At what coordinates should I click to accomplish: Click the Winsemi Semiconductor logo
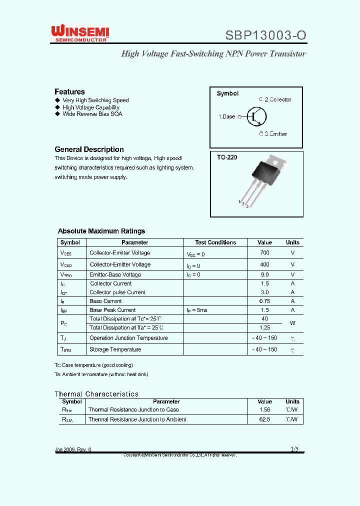80,33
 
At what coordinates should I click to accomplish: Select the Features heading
69,91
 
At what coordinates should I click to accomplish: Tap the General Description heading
89,149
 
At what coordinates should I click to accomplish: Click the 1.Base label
226,116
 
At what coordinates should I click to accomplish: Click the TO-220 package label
227,157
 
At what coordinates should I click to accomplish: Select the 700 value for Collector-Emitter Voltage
264,253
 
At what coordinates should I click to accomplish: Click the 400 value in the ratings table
264,264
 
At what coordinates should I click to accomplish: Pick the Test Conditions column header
215,242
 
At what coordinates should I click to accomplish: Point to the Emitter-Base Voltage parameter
115,274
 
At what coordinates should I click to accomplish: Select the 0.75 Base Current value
264,301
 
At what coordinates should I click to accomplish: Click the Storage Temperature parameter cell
115,349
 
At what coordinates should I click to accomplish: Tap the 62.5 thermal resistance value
264,419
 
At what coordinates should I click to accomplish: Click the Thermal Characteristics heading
96,394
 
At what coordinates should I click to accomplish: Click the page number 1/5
294,449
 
